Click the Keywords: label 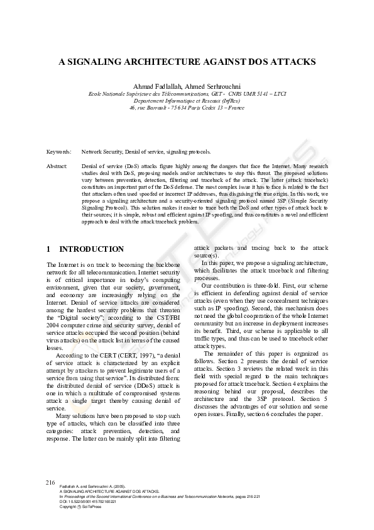tap(58, 152)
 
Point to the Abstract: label tap(57, 165)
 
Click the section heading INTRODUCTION tap(92, 249)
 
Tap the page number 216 tap(51, 482)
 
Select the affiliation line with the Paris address tap(187, 108)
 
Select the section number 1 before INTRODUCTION tap(50, 249)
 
